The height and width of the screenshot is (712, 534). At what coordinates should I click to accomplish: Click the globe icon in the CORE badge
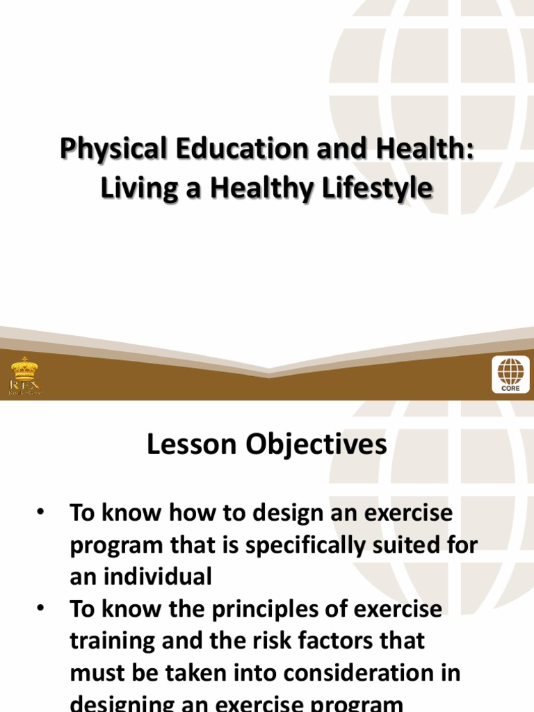510,371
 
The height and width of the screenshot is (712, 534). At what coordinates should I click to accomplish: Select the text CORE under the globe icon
510,389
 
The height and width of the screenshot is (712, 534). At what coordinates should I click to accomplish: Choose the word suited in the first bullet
416,545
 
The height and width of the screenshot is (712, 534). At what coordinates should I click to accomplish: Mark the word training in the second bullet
113,641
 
